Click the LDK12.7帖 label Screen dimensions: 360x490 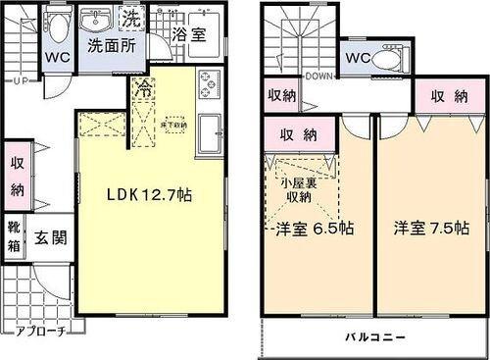click(149, 195)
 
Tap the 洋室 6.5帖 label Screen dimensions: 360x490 click(314, 229)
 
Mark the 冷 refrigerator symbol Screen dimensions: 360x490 click(144, 89)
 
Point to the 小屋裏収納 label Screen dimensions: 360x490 click(292, 189)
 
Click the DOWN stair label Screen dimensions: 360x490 click(319, 75)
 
